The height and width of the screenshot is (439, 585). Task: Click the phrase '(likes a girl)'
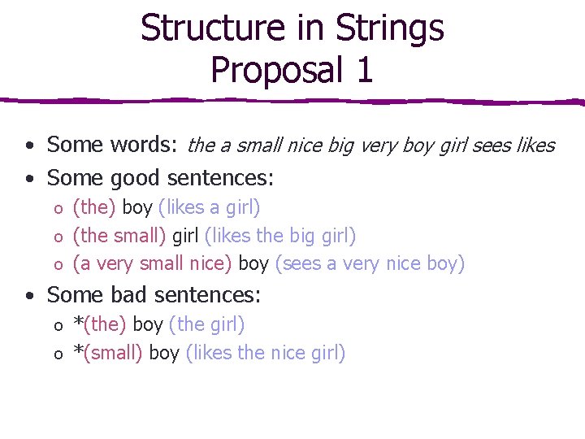click(x=210, y=207)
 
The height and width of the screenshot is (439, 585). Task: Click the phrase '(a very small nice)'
click(x=153, y=263)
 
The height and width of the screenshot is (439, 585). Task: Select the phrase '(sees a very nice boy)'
click(x=370, y=263)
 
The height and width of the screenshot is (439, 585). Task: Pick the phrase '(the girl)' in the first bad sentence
click(x=206, y=324)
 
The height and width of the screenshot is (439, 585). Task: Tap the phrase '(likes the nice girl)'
click(x=266, y=353)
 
